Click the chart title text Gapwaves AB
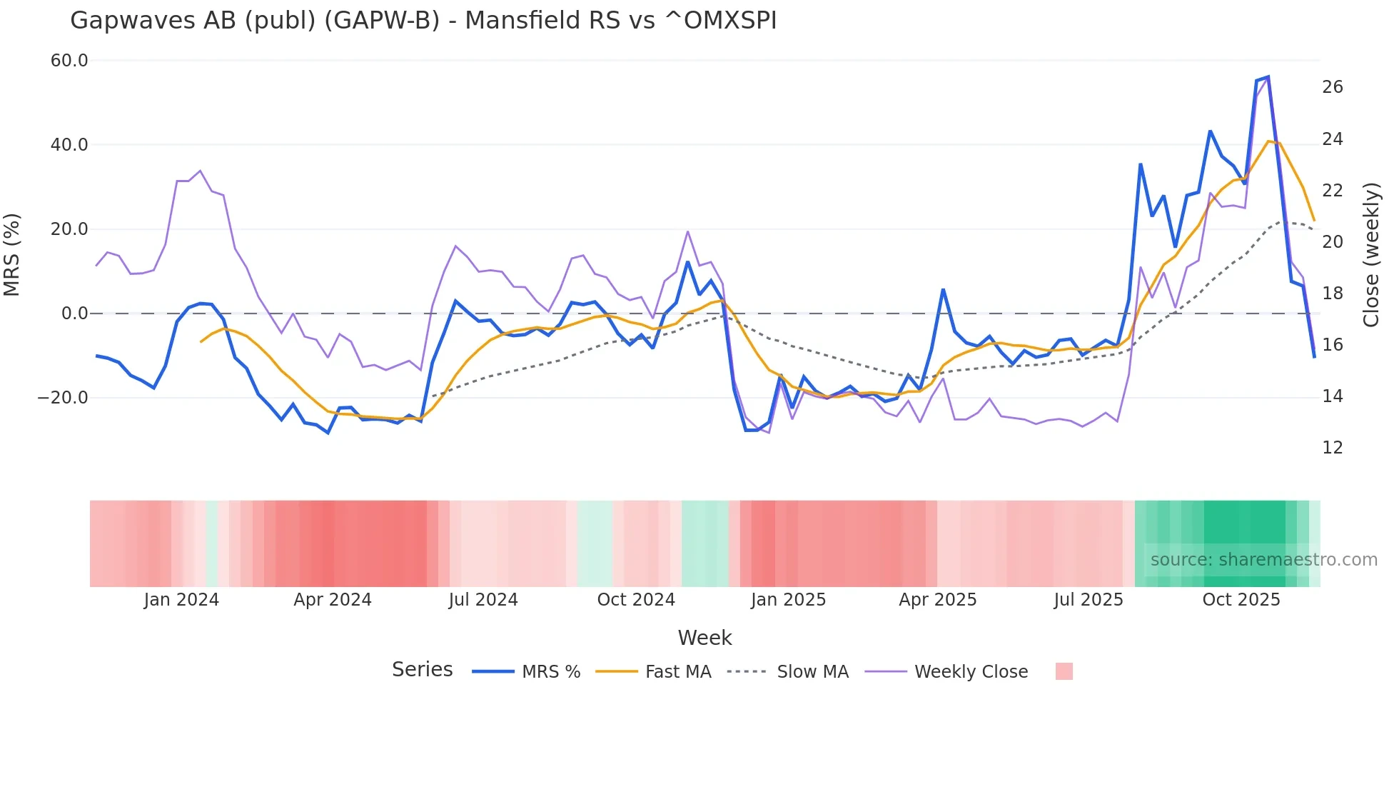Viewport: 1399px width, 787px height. [423, 21]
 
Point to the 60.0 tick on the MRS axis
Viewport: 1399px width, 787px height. [69, 61]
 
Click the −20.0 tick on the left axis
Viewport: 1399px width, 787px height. [63, 398]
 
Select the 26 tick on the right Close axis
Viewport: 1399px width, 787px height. [1332, 87]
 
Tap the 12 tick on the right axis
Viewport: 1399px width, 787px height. [1332, 448]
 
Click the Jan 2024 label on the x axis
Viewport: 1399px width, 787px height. [181, 600]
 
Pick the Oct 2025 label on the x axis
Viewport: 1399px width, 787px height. [1241, 600]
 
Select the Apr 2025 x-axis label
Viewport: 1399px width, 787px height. [937, 600]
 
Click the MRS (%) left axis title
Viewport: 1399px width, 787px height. [12, 255]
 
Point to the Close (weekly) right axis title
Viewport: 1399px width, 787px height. [1370, 255]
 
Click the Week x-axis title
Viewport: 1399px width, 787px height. [704, 638]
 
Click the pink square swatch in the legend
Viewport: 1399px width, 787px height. [1064, 671]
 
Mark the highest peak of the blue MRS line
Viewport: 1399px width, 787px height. [1268, 76]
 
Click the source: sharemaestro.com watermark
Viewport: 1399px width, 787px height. [1263, 560]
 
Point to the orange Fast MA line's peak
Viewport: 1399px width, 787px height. [1268, 141]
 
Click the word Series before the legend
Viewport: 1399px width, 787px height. [422, 670]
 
